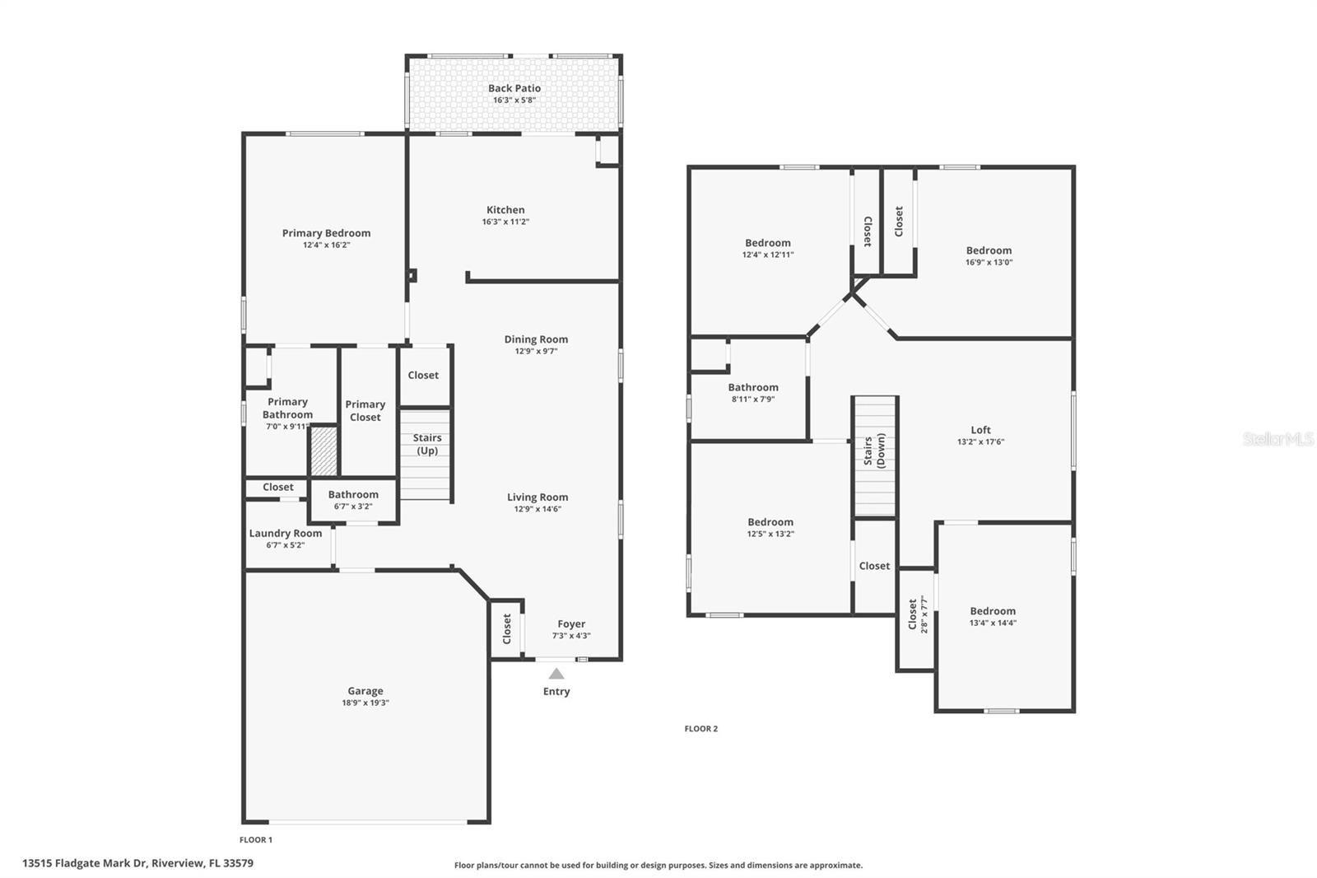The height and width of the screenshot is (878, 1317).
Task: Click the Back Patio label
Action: pos(514,88)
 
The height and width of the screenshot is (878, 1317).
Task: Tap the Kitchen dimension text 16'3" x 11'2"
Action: pos(505,222)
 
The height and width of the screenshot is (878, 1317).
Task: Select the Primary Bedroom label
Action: pos(326,233)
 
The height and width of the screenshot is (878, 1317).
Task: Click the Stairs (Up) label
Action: pos(426,444)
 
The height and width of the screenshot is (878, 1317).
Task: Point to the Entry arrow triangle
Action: pos(556,674)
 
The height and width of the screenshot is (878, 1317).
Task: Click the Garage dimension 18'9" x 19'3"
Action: pos(365,703)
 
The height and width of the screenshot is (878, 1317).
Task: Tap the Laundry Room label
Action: pos(286,533)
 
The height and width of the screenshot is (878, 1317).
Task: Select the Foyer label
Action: pos(571,624)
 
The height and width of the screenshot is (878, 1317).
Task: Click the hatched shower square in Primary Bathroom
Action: pos(323,450)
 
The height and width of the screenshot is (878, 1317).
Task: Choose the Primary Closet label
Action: pos(365,410)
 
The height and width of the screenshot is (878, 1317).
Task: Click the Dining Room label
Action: pos(536,339)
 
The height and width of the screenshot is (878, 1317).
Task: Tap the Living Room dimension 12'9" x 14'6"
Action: pos(538,509)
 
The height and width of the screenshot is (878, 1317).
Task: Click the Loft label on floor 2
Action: pos(980,430)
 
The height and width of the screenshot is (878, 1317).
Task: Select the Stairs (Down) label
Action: pos(874,451)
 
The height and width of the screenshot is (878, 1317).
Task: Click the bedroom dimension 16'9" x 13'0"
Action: pos(989,263)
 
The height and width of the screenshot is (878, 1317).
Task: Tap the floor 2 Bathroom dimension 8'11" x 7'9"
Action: pos(753,399)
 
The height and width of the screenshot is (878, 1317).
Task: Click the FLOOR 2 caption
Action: pos(701,729)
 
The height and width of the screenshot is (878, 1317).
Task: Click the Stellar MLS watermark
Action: pos(1277,439)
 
